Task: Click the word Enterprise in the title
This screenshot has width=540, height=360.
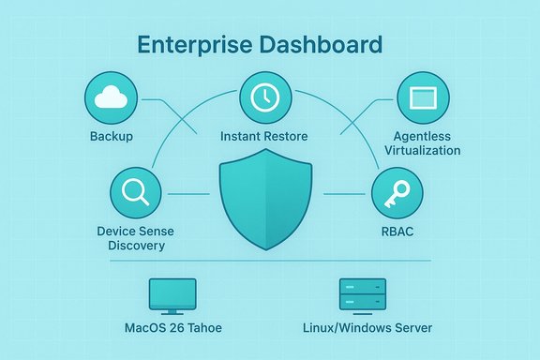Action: click(192, 44)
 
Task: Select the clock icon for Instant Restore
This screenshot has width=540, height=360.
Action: click(266, 97)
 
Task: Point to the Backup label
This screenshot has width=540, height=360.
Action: click(112, 137)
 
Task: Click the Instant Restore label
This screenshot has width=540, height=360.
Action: click(264, 137)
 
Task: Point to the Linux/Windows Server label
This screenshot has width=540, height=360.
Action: click(367, 328)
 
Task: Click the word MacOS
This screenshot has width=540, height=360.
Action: click(147, 328)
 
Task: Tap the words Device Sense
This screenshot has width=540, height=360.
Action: click(131, 231)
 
